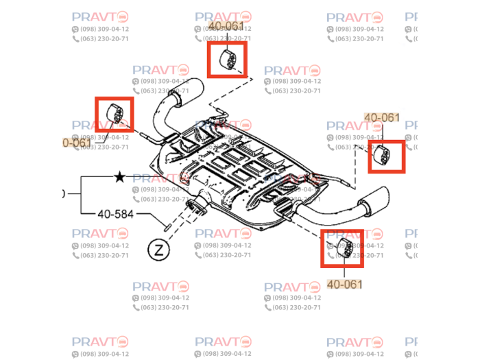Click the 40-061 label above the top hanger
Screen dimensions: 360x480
[x=226, y=26]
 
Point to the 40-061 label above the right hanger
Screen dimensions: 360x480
[x=382, y=117]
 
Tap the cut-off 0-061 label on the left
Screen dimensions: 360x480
[x=77, y=143]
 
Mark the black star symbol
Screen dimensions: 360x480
[x=119, y=178]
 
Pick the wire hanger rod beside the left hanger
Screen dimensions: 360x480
[x=152, y=137]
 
